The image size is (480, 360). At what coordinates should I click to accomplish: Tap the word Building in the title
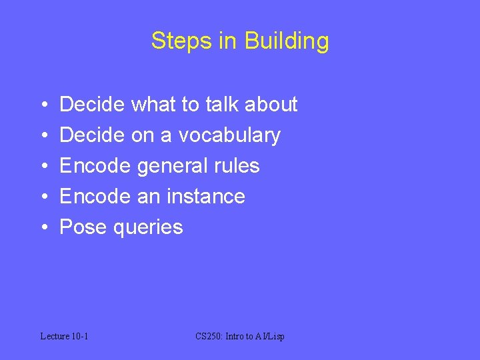[287, 41]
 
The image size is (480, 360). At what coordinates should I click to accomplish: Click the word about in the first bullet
[271, 105]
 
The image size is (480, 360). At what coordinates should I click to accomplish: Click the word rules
[238, 166]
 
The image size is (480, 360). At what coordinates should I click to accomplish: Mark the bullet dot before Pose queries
[43, 228]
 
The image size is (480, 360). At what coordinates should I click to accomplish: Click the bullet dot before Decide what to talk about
[43, 105]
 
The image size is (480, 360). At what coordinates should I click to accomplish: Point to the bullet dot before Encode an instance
[43, 197]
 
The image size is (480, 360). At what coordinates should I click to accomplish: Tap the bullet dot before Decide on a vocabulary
[43, 136]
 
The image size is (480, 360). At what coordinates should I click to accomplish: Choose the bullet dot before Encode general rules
[43, 167]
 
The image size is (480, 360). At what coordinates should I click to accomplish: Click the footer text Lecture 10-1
[65, 336]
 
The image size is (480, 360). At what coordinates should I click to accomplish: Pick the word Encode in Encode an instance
[95, 197]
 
